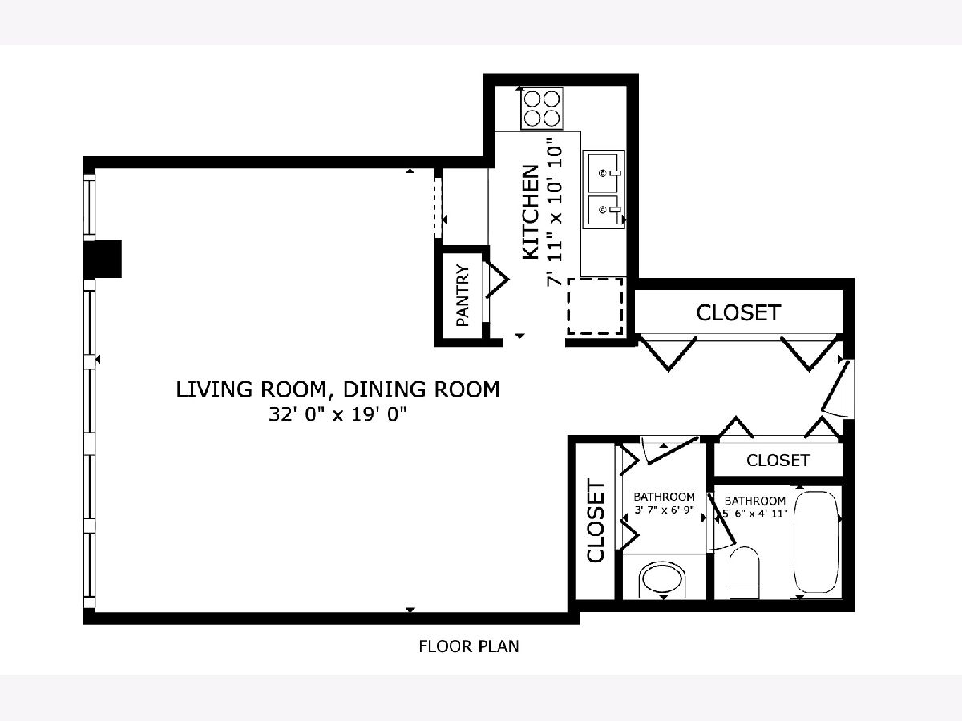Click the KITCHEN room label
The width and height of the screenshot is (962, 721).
pos(531,212)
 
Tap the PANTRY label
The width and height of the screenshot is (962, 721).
pos(463,295)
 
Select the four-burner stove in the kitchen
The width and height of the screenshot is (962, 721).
pos(542,109)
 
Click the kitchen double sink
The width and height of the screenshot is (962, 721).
pos(604,189)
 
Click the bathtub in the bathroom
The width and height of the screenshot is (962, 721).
pos(816,542)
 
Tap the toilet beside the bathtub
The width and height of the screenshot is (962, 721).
pos(744,573)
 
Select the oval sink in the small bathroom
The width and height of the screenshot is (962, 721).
pos(662,579)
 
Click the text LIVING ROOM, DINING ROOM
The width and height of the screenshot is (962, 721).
pos(338,389)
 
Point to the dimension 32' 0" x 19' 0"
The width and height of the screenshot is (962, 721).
pos(338,414)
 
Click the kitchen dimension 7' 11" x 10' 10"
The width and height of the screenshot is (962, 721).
pos(555,212)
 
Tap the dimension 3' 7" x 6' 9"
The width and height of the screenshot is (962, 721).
pos(665,510)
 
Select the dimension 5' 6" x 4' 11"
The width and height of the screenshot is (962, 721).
pos(755,513)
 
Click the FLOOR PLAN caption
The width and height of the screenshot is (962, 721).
pos(469,646)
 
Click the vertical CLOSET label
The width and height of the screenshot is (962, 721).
pos(596,521)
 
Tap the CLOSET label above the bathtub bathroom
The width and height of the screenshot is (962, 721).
pos(778,460)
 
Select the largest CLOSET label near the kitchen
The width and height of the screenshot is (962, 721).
pos(738,312)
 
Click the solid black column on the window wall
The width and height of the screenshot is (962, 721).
pos(103,259)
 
